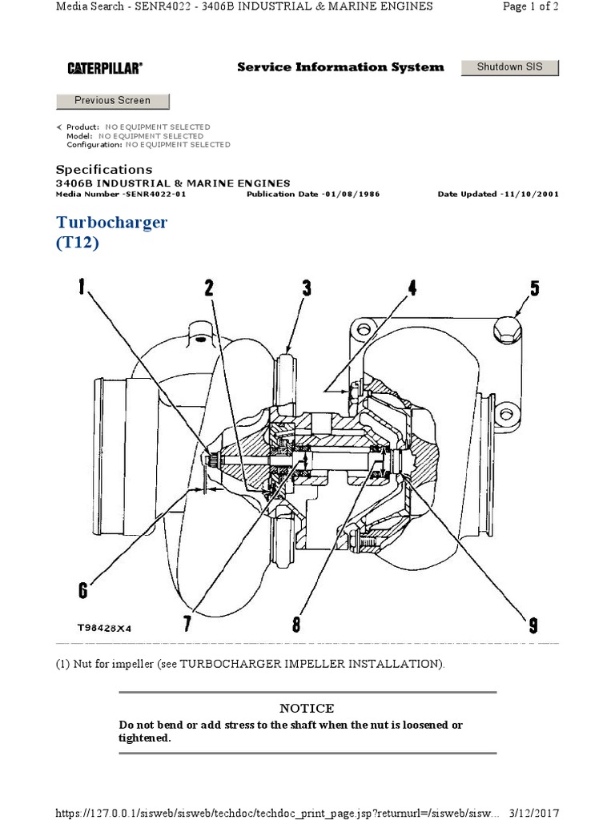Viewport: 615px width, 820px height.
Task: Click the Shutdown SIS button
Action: tap(509, 67)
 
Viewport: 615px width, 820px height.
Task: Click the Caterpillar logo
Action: tap(104, 69)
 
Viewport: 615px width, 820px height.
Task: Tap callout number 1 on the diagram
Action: tap(82, 287)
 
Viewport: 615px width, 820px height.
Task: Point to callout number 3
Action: tap(307, 287)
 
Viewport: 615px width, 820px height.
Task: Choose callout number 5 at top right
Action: tap(535, 287)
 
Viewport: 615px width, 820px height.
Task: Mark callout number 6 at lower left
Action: tap(82, 592)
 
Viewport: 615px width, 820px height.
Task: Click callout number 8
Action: tap(295, 623)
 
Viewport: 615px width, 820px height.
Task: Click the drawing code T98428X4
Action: tap(104, 629)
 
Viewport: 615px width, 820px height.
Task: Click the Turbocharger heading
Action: tap(111, 222)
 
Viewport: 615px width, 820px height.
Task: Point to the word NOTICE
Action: tap(307, 708)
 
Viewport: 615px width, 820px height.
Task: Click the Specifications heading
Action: tap(103, 170)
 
